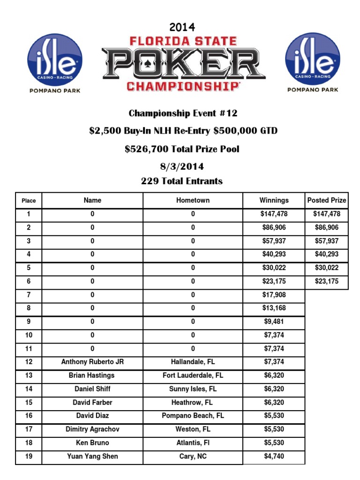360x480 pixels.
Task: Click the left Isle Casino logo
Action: [x=55, y=59]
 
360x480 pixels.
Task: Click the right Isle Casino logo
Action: [x=313, y=59]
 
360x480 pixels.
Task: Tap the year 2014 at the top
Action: [x=182, y=27]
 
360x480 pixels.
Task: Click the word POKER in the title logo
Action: [x=183, y=64]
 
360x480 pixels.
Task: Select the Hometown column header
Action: [x=193, y=200]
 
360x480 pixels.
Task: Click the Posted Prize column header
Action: [x=327, y=200]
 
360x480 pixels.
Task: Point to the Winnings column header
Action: [x=274, y=200]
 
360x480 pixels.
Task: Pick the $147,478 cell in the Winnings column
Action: [x=274, y=214]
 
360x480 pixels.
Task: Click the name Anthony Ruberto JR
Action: [x=92, y=362]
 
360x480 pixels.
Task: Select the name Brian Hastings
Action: [x=92, y=375]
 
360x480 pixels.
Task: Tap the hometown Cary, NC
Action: [x=193, y=456]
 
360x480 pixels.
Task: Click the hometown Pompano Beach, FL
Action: [x=193, y=416]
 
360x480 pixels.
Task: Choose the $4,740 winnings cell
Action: [x=274, y=456]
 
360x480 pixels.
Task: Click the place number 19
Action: [x=29, y=456]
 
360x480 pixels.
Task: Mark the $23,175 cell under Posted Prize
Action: [x=327, y=281]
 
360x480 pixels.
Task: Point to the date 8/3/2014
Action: [x=182, y=167]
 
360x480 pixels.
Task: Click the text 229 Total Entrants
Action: [x=182, y=181]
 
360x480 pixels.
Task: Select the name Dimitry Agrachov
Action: [x=92, y=429]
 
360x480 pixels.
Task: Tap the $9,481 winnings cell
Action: [x=274, y=322]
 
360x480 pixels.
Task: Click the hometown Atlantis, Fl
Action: [x=193, y=442]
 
